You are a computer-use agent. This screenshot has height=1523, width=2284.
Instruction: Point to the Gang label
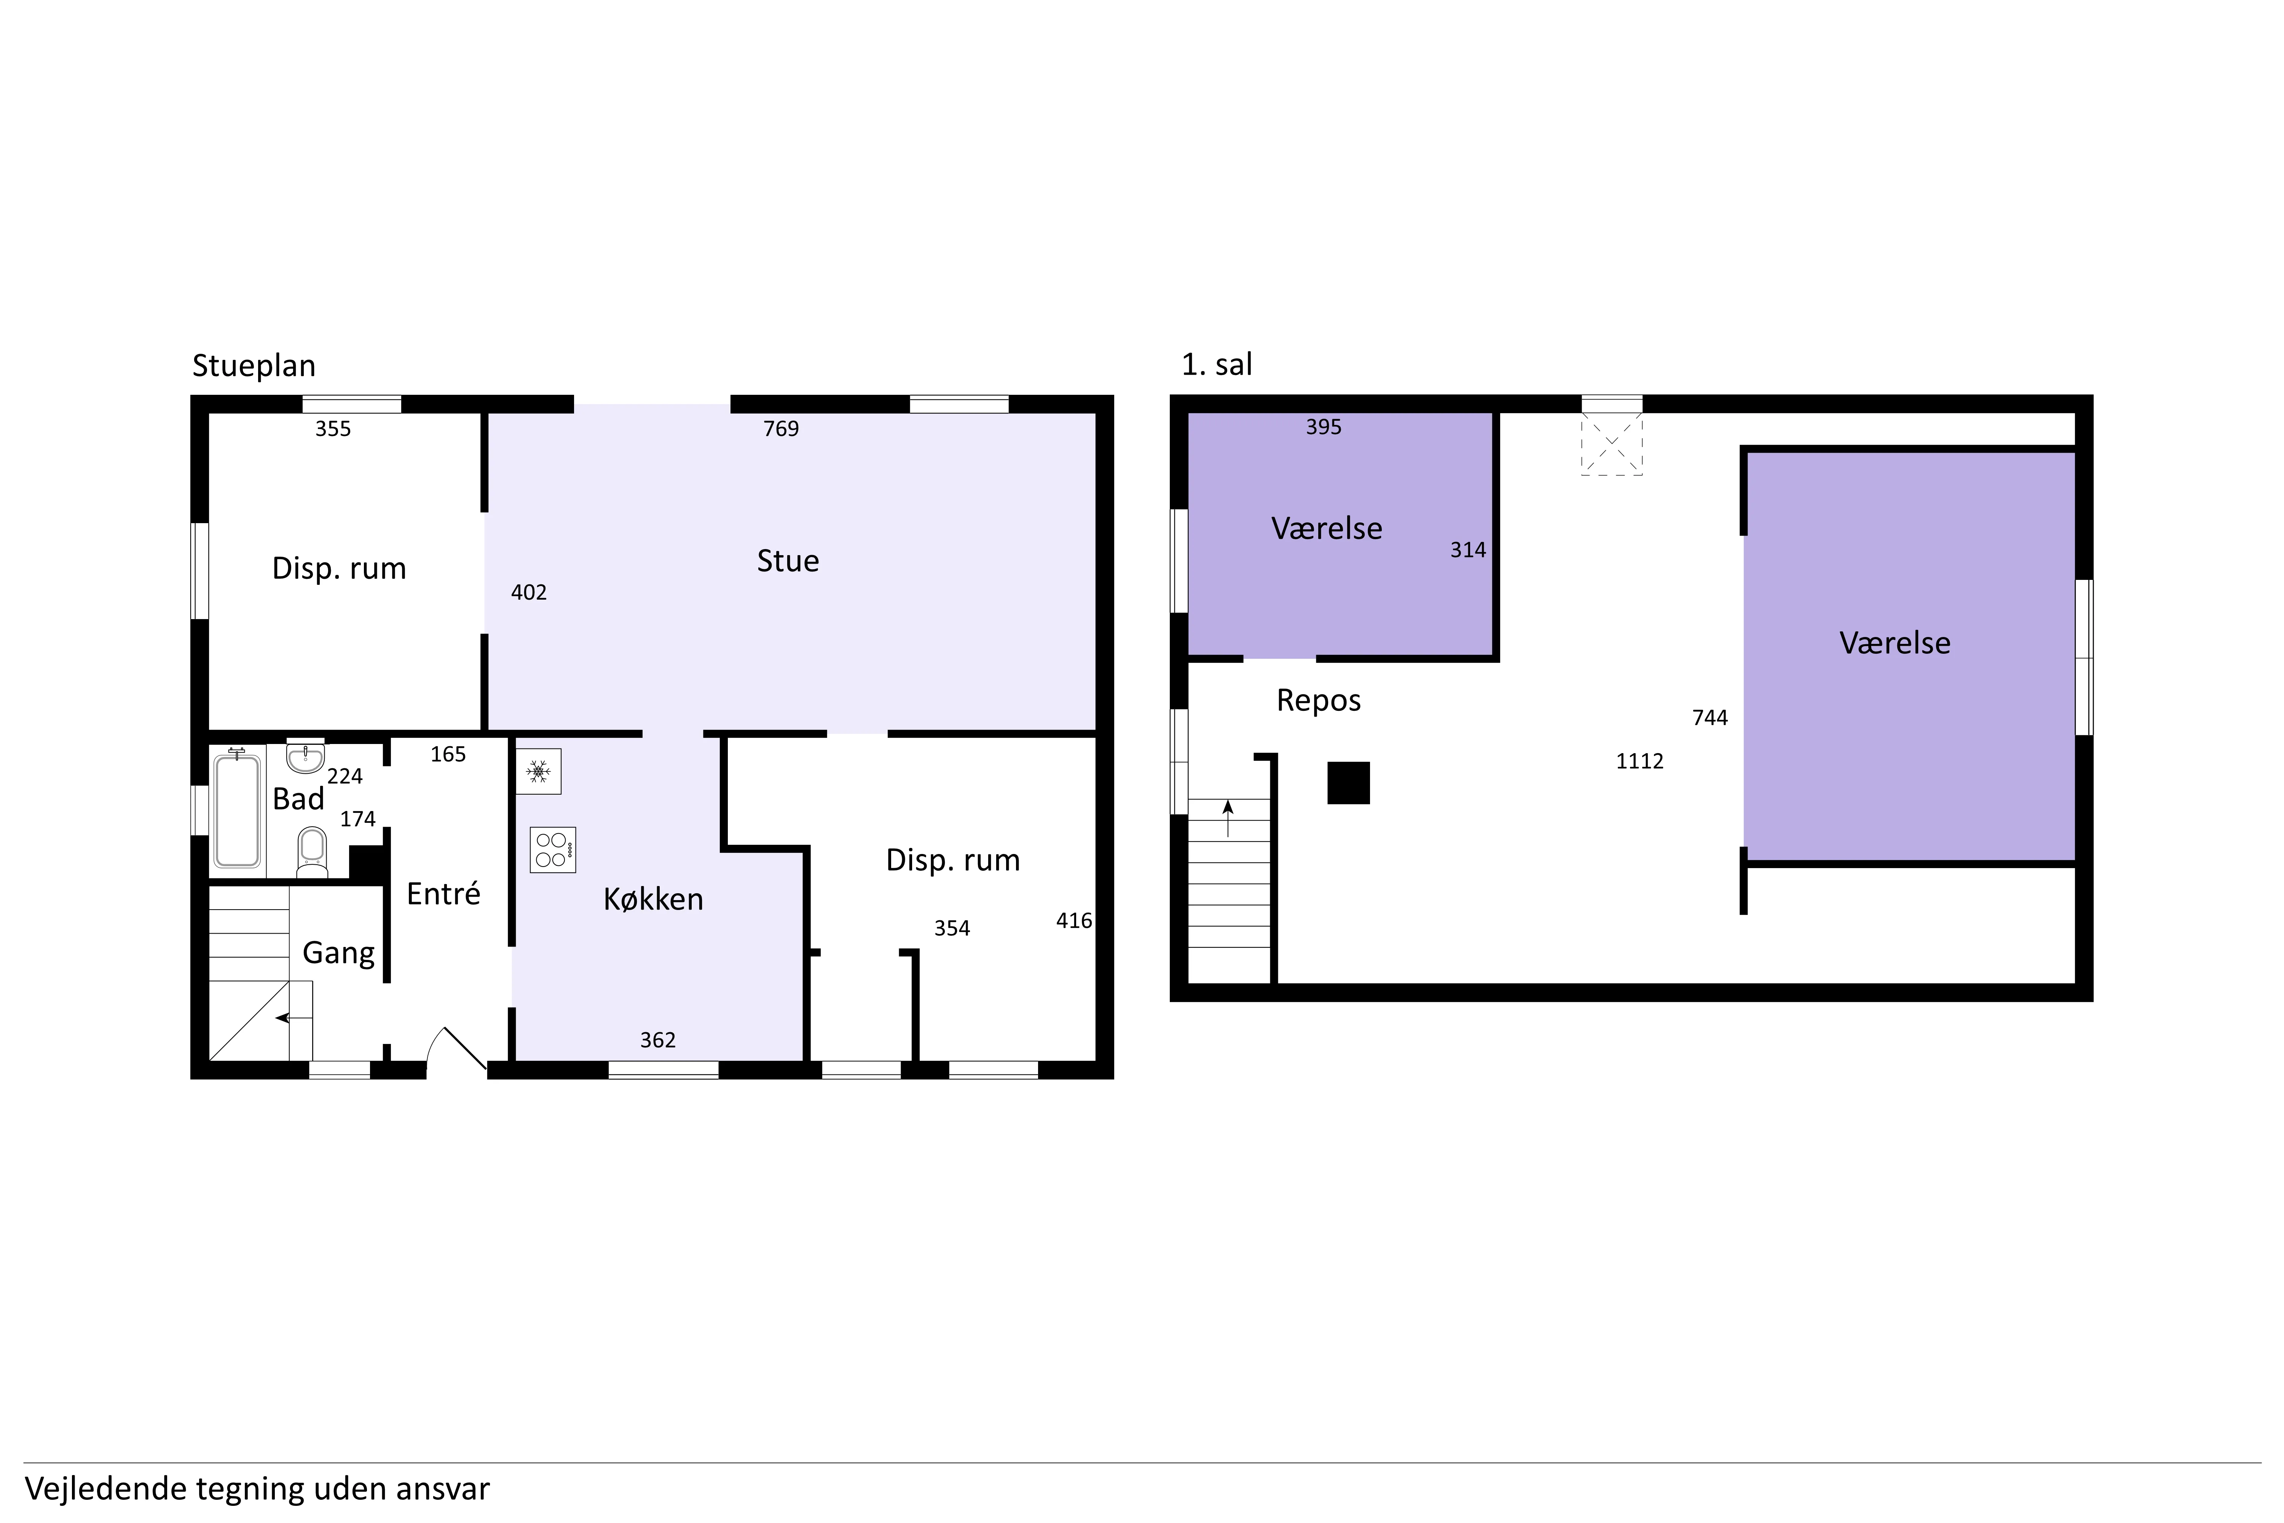(339, 953)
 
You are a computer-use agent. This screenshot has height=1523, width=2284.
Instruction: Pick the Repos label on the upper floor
(1319, 700)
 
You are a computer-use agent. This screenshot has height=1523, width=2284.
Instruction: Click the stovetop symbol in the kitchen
(553, 849)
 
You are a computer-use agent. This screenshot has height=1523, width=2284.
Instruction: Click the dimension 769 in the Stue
(781, 428)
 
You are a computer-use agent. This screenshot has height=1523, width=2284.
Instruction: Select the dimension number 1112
(1640, 761)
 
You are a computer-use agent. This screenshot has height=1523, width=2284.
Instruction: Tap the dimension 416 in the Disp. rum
(1074, 921)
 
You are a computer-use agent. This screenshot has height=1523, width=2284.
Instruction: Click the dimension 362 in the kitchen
(657, 1040)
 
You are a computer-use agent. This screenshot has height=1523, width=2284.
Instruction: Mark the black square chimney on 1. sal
(1349, 783)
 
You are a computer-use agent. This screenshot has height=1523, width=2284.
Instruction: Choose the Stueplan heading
(254, 366)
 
